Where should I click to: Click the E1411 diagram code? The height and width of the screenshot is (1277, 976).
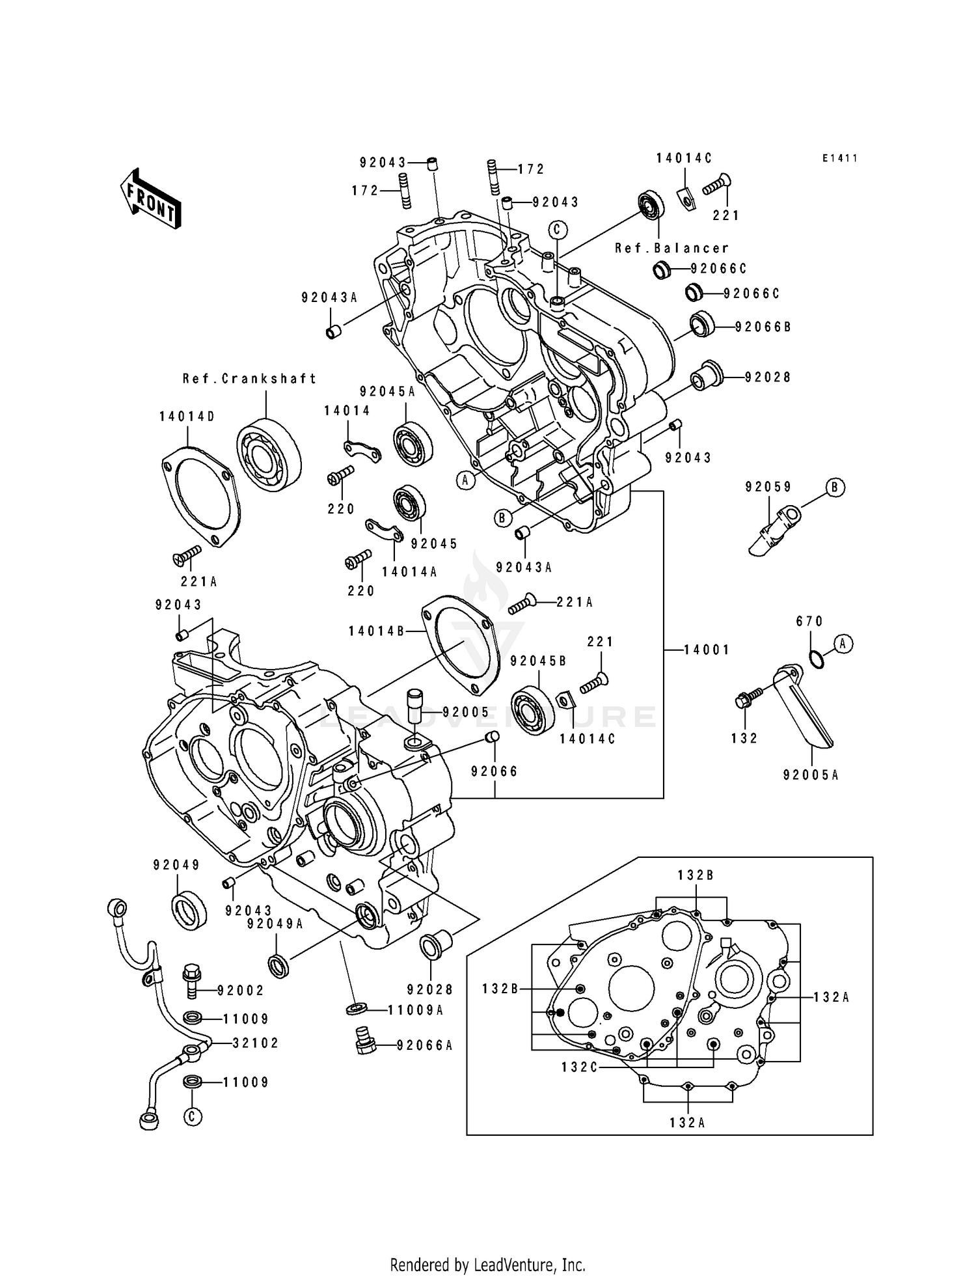[x=839, y=158]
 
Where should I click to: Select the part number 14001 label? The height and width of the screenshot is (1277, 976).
[x=707, y=650]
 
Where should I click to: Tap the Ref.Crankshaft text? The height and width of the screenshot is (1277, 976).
[x=250, y=378]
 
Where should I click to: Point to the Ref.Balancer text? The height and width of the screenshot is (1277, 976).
[x=672, y=248]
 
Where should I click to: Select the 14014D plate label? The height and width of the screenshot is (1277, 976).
[x=187, y=417]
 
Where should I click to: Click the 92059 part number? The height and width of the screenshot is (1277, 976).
[x=768, y=487]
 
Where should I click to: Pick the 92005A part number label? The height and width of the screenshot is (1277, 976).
[x=811, y=775]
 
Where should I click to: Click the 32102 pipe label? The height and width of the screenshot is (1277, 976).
[x=256, y=1043]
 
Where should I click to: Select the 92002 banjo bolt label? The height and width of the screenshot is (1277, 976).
[x=241, y=991]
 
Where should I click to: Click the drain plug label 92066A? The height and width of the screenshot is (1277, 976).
[x=424, y=1046]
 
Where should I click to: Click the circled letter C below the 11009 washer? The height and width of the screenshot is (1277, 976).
[x=192, y=1117]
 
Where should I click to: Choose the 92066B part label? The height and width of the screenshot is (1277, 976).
[x=763, y=327]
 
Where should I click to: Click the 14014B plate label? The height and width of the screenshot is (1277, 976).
[x=377, y=631]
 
